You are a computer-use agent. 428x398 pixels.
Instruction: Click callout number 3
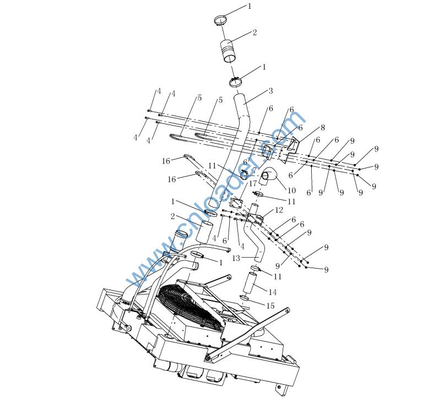pyautogui.click(x=270, y=91)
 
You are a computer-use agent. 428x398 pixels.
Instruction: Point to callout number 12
pyautogui.click(x=279, y=210)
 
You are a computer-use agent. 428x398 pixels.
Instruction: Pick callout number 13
pyautogui.click(x=236, y=258)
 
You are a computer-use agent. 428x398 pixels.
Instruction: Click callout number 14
pyautogui.click(x=272, y=292)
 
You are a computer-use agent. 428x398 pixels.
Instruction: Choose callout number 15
pyautogui.click(x=270, y=306)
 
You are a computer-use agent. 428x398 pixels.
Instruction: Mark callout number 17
pyautogui.click(x=253, y=183)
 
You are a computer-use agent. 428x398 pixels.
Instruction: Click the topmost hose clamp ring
pyautogui.click(x=220, y=21)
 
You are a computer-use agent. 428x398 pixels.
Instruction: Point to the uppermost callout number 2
pyautogui.click(x=254, y=33)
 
